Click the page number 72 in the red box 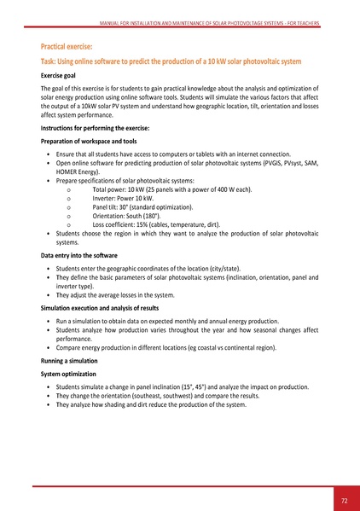tap(344, 498)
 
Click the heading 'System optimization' tap(71, 375)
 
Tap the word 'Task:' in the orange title tap(51, 62)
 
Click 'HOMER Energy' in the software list tap(78, 170)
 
